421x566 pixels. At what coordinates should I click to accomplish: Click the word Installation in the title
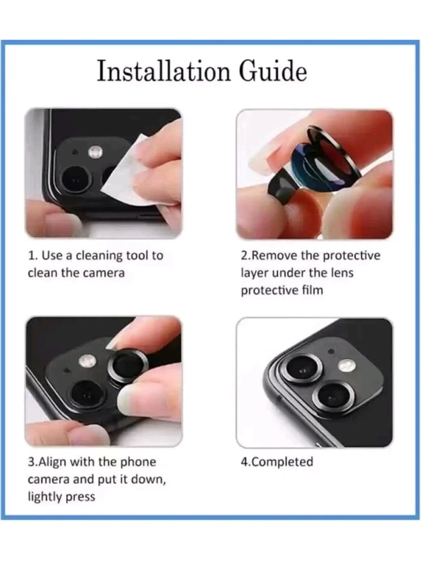pos(163,71)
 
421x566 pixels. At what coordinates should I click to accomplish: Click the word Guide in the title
pos(273,71)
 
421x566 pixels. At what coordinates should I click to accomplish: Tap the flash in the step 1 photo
pos(95,152)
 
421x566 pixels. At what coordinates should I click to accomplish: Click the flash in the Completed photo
pos(347,366)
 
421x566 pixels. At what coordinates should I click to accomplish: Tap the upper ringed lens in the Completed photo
pos(302,369)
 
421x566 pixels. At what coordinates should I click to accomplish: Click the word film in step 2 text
pos(312,290)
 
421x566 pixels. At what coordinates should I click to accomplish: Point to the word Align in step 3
pos(53,462)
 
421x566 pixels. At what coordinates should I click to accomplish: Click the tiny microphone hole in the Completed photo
pos(331,351)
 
